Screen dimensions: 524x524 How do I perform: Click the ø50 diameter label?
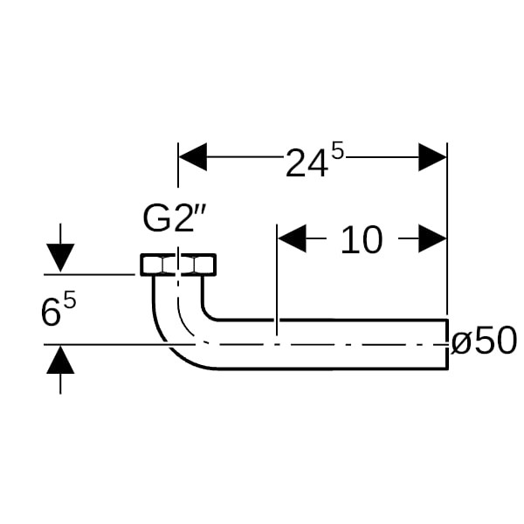[x=485, y=341]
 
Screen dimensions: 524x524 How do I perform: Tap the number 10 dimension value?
[x=361, y=239]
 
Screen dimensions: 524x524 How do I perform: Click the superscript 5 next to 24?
[x=338, y=153]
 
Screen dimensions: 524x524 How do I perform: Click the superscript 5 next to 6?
[x=70, y=301]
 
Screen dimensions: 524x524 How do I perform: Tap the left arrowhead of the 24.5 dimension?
[x=193, y=157]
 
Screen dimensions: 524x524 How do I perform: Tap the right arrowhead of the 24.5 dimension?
[x=432, y=157]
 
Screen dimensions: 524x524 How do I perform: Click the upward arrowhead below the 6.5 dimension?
[x=59, y=360]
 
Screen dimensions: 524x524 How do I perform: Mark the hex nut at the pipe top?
[x=177, y=264]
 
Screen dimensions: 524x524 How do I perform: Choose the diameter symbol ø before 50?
[x=461, y=341]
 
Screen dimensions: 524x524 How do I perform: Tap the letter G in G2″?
[x=157, y=219]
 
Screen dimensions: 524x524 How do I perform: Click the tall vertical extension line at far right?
[x=447, y=227]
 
